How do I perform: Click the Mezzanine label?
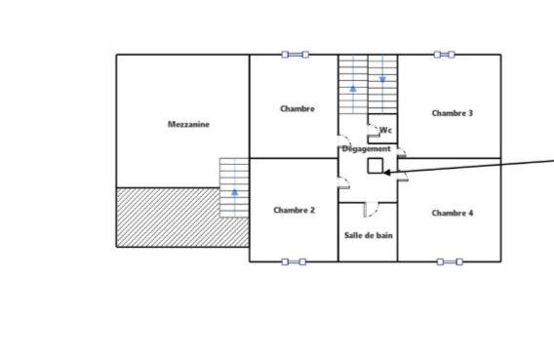(x=188, y=124)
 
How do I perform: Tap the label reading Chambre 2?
(x=294, y=210)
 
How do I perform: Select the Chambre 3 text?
(x=452, y=113)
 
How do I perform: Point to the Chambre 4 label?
(x=452, y=213)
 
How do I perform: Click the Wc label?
(x=385, y=130)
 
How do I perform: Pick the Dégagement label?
(x=367, y=148)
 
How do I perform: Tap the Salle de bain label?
(x=368, y=235)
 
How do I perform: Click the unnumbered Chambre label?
(x=297, y=108)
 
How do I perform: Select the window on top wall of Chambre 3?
(x=444, y=55)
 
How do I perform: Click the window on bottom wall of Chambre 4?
(x=449, y=261)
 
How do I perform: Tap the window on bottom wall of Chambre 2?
(x=294, y=261)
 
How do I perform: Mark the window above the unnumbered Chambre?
(x=294, y=55)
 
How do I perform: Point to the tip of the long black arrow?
(x=386, y=174)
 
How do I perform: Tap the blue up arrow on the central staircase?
(x=353, y=90)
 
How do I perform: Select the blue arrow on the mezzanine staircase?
(x=234, y=194)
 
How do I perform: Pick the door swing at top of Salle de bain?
(x=369, y=208)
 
